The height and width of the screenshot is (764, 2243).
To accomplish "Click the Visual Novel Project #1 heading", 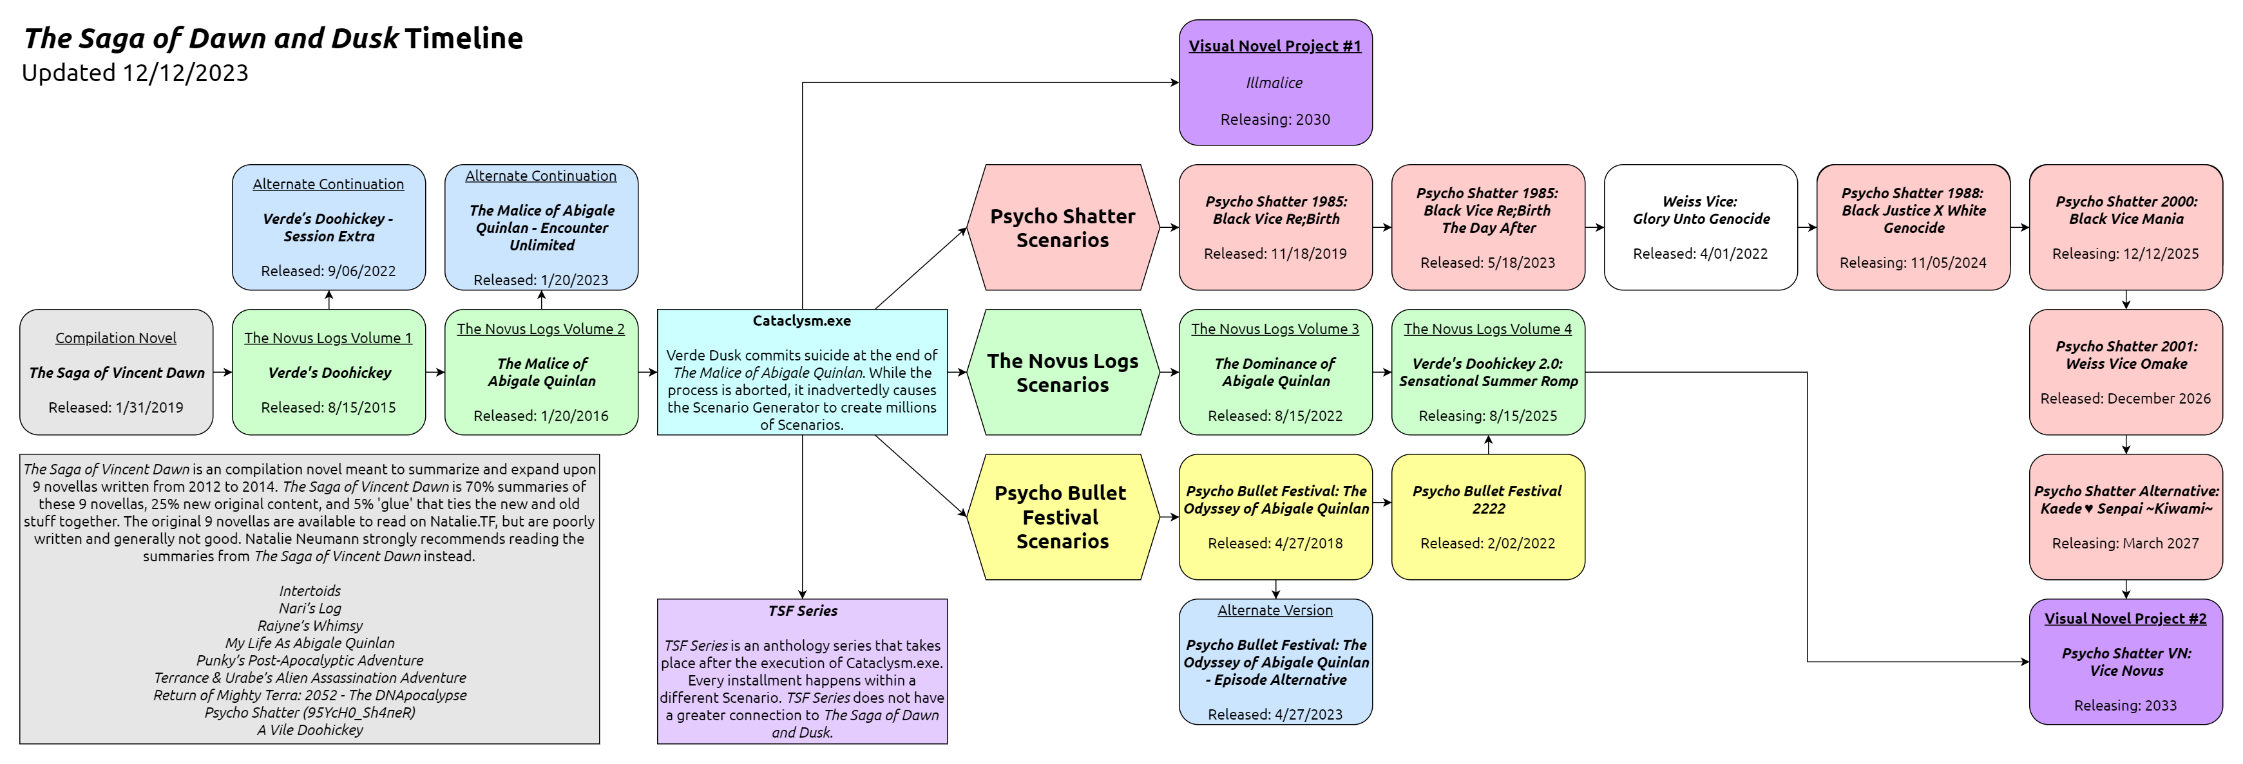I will click(x=1275, y=46).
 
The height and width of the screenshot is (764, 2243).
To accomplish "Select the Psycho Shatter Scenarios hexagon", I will click(x=1062, y=228).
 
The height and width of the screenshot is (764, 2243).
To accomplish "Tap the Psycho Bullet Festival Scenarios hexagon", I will click(x=1062, y=517).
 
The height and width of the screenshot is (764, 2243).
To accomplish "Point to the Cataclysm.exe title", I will click(x=802, y=321).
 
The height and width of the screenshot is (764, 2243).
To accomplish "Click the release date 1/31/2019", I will click(x=116, y=407).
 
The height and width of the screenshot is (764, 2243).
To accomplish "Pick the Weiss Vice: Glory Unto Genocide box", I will click(x=1701, y=227).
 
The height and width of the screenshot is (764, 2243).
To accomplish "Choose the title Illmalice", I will click(x=1275, y=82).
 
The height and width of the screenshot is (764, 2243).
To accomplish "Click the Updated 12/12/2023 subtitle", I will click(x=135, y=73).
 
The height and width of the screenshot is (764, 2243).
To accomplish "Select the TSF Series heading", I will click(x=802, y=611).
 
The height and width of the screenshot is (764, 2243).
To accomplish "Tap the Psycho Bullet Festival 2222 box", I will click(x=1488, y=517).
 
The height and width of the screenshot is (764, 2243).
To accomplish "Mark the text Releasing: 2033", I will click(x=2126, y=705).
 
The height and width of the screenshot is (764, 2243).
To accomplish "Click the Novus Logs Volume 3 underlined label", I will click(x=1275, y=329).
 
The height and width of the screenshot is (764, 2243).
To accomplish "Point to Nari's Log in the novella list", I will click(x=310, y=608).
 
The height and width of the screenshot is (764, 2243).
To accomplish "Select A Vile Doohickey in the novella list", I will click(x=310, y=730).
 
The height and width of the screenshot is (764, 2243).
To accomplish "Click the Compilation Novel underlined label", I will click(x=116, y=338).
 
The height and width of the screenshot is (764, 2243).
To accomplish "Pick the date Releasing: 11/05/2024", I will click(x=1913, y=263).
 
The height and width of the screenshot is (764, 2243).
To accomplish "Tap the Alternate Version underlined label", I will click(x=1275, y=611).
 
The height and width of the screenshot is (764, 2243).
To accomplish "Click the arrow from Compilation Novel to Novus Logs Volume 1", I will click(x=223, y=373).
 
